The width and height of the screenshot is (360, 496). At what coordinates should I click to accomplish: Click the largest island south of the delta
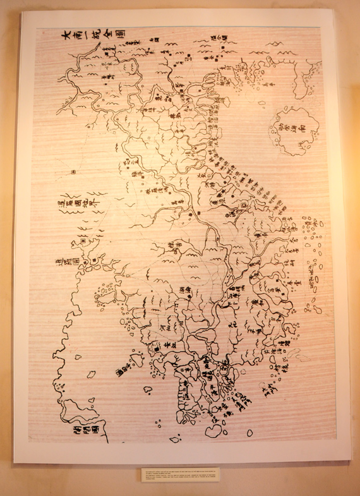click(x=214, y=430)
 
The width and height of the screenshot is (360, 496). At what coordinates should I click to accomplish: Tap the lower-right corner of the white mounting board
click(x=349, y=459)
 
